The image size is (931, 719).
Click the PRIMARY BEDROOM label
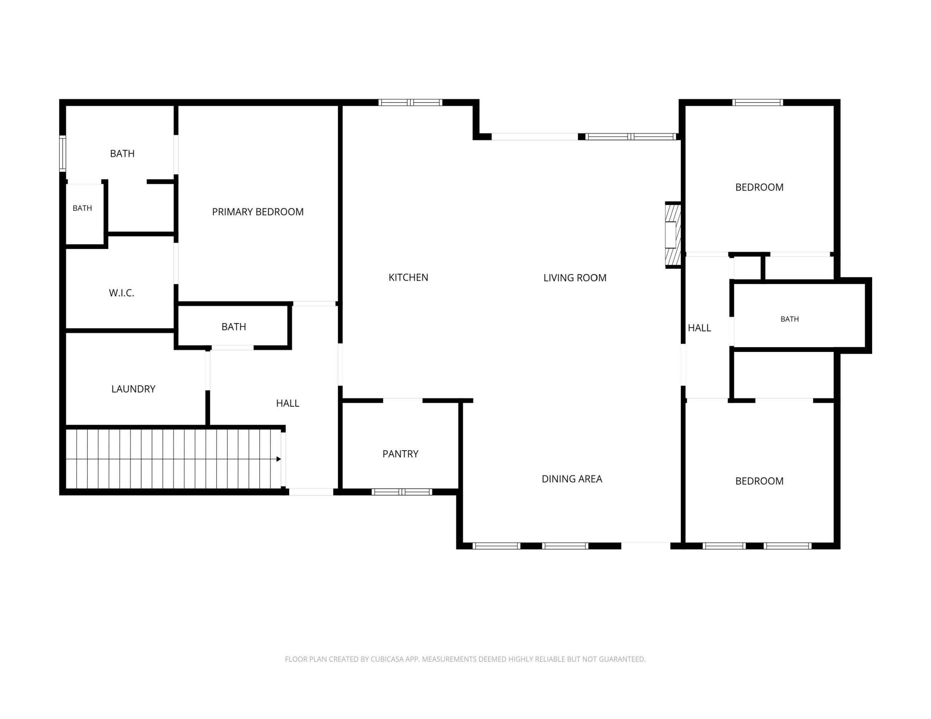(257, 212)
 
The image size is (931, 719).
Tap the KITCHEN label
(408, 277)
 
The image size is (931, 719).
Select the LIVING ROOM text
(575, 278)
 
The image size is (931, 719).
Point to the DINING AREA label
(572, 479)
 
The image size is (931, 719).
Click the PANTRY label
(400, 454)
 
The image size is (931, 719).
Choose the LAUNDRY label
(133, 389)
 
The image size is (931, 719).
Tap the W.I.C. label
(121, 293)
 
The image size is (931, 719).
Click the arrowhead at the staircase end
(279, 459)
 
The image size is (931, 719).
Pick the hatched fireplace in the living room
(673, 235)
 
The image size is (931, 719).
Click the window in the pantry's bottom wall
(402, 492)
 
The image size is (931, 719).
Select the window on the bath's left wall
(63, 153)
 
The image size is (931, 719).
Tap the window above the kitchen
(410, 102)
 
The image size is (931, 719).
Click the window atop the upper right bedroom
(758, 102)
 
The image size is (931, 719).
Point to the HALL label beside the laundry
(288, 403)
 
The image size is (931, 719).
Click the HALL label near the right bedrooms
(700, 328)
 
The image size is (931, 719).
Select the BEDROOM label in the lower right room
(759, 481)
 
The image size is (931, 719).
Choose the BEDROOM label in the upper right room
(759, 187)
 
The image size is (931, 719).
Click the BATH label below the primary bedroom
(233, 327)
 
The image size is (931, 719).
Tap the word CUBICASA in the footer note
(387, 659)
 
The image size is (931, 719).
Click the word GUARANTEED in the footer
(622, 659)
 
